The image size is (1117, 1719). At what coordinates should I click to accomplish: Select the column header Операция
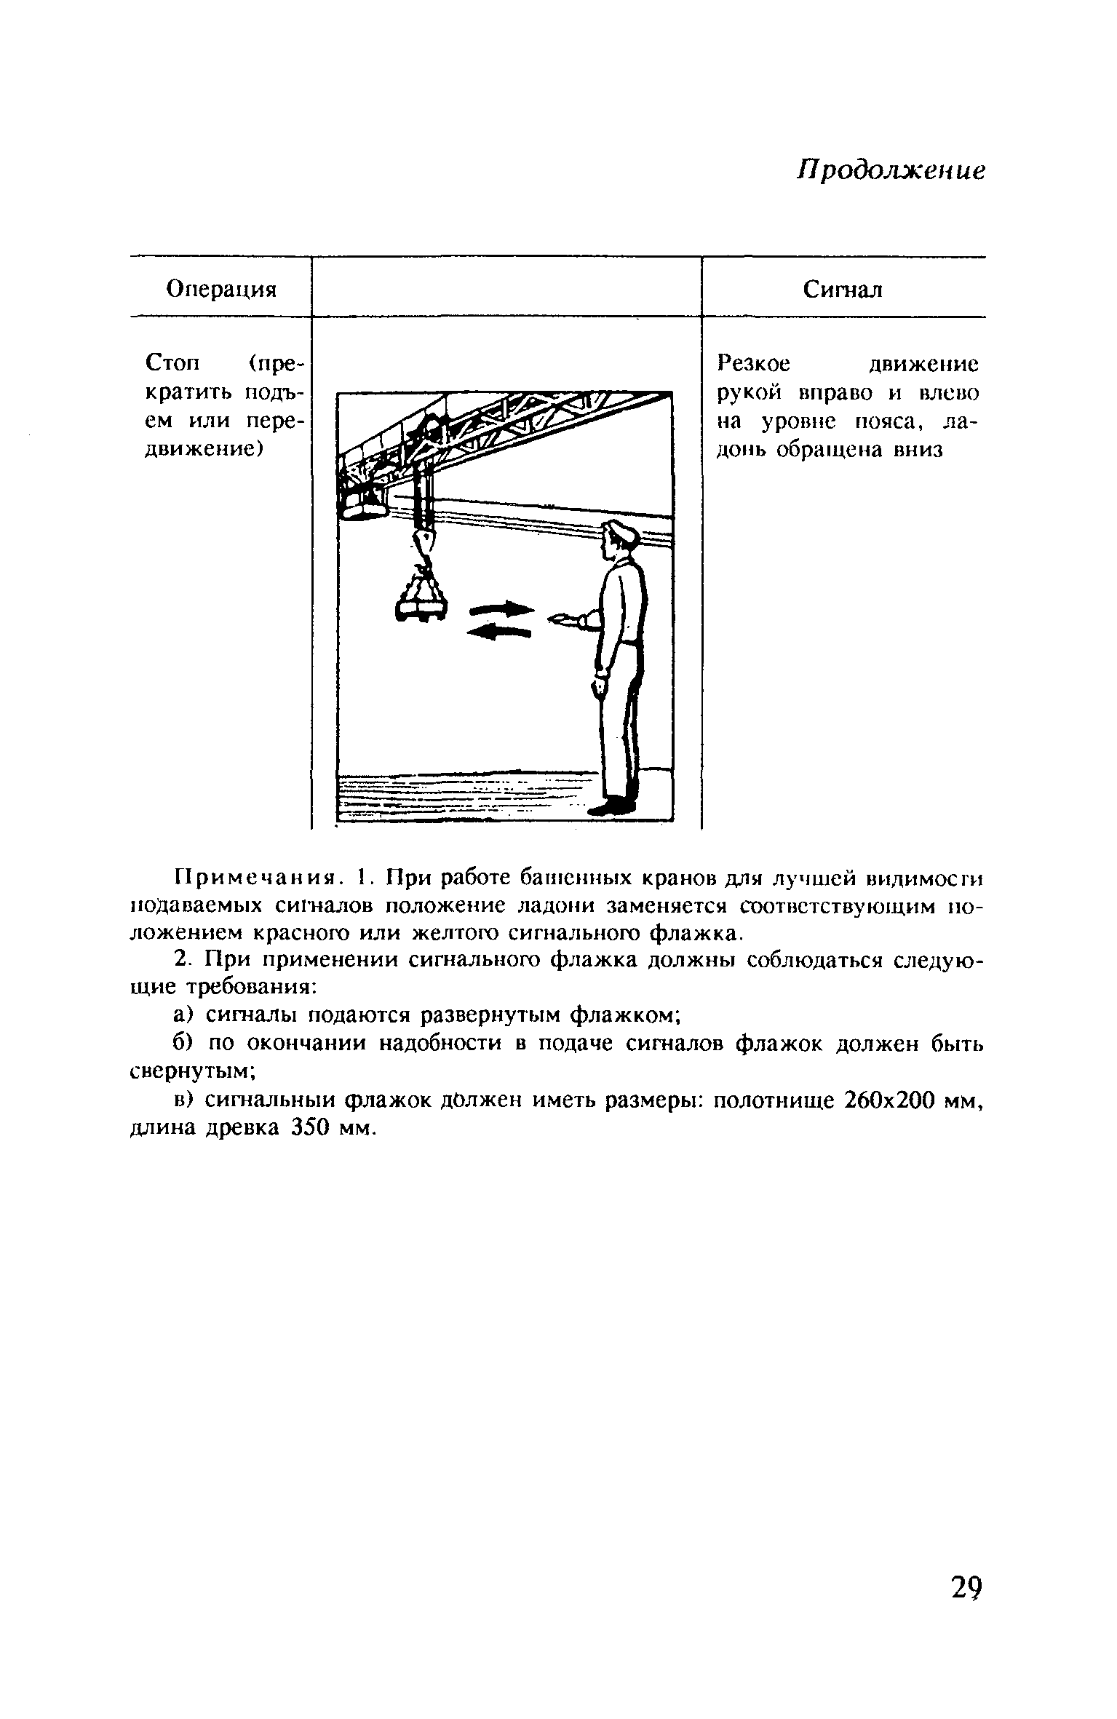coord(222,290)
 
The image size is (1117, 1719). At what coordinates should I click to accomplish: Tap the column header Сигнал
coord(843,290)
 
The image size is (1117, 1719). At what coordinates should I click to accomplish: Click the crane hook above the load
coord(424,542)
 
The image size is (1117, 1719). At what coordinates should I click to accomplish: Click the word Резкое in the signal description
coord(753,363)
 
